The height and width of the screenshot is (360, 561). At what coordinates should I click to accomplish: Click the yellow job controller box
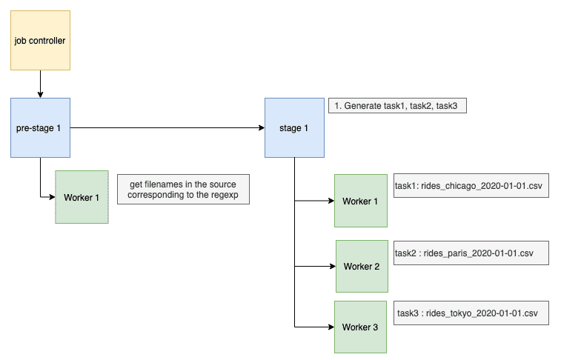(41, 41)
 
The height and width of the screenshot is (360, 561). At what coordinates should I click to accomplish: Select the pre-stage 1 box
(41, 127)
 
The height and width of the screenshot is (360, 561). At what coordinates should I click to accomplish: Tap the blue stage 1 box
(294, 127)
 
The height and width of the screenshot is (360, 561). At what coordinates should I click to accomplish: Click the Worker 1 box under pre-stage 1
(82, 197)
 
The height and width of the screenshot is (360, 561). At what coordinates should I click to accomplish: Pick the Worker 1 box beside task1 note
(361, 201)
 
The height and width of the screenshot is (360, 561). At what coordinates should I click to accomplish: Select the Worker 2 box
(362, 267)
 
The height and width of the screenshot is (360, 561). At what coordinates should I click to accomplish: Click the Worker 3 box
(360, 327)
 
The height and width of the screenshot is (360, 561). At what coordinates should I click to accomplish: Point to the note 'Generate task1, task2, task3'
(397, 106)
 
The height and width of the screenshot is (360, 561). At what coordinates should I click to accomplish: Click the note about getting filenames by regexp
(183, 190)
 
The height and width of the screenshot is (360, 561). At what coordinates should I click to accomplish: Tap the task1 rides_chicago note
(471, 185)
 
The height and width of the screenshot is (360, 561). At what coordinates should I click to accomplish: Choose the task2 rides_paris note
(471, 253)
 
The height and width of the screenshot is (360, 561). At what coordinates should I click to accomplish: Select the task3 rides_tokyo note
(471, 313)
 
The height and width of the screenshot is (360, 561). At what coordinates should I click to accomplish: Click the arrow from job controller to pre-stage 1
(41, 84)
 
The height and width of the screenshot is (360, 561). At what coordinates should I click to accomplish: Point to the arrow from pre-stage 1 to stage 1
(167, 127)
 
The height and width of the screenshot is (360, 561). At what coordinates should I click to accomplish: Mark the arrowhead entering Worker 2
(333, 267)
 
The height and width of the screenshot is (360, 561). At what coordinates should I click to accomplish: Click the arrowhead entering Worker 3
(331, 327)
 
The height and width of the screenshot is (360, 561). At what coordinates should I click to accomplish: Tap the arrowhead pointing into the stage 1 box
(262, 127)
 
